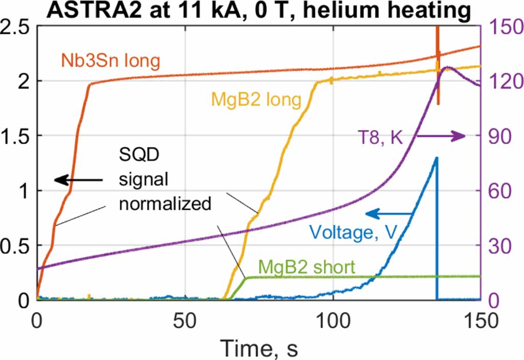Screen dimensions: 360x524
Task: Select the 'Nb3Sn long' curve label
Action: [111, 62]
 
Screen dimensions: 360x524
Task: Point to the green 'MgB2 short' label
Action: [306, 266]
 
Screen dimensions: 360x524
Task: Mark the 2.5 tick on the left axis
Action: [15, 27]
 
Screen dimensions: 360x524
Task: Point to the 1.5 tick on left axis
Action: [15, 136]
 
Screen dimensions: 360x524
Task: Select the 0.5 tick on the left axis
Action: [15, 245]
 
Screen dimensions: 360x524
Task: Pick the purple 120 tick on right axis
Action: [499, 81]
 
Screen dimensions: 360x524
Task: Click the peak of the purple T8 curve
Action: [448, 67]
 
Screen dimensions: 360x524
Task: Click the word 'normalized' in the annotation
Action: [165, 204]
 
